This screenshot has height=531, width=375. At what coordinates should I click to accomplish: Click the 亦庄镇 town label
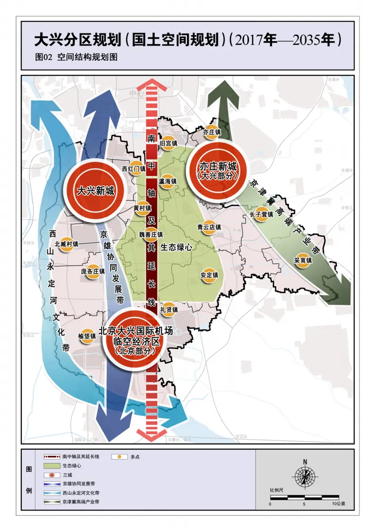(x=212, y=133)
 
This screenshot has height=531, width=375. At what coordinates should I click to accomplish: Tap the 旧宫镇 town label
(x=168, y=143)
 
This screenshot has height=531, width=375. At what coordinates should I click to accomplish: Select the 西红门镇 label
(x=134, y=168)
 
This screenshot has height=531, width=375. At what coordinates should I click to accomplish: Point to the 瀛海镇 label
(x=167, y=181)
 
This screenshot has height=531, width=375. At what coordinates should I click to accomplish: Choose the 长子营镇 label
(x=262, y=214)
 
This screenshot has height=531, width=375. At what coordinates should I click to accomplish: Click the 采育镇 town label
(x=303, y=260)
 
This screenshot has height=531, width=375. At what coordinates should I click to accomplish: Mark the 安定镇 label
(x=209, y=275)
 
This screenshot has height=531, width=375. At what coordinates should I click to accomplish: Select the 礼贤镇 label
(x=168, y=310)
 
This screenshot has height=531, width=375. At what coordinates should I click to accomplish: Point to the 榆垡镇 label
(x=87, y=336)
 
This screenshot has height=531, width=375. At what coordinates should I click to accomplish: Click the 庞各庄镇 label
(x=93, y=272)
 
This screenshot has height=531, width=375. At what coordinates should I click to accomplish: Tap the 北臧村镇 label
(x=66, y=244)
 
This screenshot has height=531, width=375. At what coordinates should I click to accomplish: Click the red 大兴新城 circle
(x=96, y=191)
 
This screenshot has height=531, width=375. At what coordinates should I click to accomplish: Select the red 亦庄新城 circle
(x=217, y=170)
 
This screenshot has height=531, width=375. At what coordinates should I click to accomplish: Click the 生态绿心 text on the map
(x=176, y=247)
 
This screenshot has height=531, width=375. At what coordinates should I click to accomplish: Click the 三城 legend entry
(x=67, y=475)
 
